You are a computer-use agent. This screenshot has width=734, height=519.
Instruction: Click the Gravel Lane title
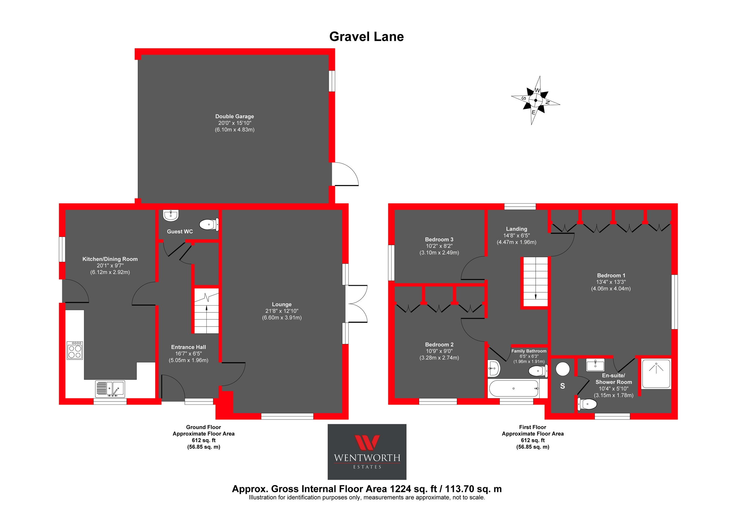point(366,37)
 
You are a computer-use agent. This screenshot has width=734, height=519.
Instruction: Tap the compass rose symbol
point(535,100)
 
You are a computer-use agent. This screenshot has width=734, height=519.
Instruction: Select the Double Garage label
point(234,116)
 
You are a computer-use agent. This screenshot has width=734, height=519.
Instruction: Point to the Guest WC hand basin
point(171,215)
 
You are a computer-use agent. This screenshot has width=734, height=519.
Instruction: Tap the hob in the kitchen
point(75,351)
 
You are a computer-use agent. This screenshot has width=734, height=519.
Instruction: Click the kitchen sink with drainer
point(110,389)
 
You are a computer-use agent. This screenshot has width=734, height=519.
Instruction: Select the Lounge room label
point(282,304)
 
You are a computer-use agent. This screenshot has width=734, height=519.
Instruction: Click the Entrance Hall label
point(188,347)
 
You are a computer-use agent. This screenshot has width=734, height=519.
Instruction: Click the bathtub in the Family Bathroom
point(514,389)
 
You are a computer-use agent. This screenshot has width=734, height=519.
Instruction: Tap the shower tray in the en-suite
point(656,374)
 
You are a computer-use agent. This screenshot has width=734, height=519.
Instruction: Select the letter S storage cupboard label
point(563,386)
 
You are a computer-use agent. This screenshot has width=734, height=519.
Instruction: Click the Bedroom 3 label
point(439,239)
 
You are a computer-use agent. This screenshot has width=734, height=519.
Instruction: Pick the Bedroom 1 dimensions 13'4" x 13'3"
point(611,282)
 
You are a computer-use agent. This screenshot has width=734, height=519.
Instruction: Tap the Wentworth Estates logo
point(367,452)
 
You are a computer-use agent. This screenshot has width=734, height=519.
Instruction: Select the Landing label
point(516,229)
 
